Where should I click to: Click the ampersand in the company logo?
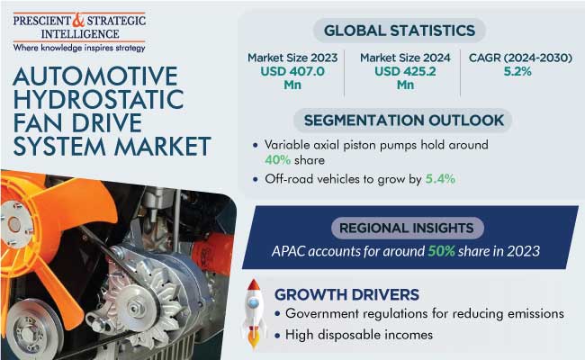78,20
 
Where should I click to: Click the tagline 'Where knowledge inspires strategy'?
79,48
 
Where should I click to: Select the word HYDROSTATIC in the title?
98,99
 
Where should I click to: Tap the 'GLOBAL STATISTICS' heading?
400,31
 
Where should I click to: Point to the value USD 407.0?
292,71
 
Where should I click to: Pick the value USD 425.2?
405,71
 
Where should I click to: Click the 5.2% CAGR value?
517,71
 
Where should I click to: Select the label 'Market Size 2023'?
292,58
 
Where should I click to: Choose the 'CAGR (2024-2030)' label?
520,58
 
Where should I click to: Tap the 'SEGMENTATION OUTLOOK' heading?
404,120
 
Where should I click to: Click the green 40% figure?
277,160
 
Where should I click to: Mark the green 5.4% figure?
440,179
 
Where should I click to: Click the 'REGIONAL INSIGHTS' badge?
407,228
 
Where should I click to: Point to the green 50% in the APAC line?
441,251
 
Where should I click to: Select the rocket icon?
253,313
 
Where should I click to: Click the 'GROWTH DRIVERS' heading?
346,294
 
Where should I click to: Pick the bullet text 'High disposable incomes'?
359,335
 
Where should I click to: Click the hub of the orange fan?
15,224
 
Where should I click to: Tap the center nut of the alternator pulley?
134,308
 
